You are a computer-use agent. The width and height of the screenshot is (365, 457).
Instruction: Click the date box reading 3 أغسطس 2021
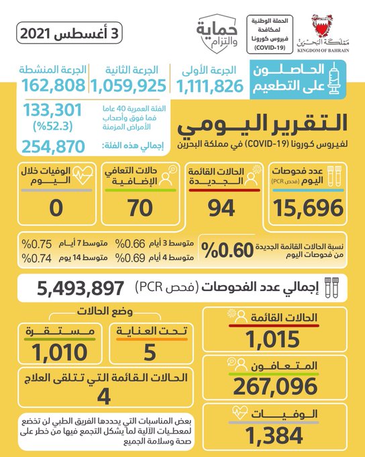[69, 33]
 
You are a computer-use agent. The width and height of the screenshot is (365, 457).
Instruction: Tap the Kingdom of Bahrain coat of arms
[322, 26]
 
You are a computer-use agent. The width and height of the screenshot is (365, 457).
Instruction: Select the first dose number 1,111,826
[210, 87]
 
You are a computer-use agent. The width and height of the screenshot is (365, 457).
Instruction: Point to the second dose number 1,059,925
[128, 86]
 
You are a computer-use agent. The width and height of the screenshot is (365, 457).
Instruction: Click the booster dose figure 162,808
[53, 85]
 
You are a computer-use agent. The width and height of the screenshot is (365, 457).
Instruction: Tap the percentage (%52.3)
[53, 126]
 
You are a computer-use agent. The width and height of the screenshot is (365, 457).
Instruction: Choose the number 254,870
[53, 147]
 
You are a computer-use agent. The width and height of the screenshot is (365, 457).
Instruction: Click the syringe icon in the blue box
[334, 79]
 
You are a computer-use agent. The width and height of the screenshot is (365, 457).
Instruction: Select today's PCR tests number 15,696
[308, 208]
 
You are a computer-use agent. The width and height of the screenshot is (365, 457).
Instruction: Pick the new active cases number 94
[221, 208]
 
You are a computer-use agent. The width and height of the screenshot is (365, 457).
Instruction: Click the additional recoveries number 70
[140, 208]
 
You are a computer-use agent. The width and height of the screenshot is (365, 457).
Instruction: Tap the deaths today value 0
[56, 208]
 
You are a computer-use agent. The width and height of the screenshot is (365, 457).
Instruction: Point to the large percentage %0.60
[227, 250]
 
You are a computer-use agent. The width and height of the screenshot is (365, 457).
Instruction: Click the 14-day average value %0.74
[37, 258]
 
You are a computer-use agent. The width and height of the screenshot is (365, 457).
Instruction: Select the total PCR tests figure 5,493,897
[81, 288]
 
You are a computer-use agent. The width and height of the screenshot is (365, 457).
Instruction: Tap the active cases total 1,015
[273, 339]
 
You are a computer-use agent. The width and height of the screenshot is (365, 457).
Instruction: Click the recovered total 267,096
[275, 386]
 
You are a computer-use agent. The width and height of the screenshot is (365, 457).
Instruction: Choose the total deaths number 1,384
[274, 435]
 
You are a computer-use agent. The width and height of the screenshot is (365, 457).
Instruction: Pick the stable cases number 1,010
[60, 352]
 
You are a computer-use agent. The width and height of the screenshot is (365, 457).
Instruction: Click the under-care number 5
[150, 352]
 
